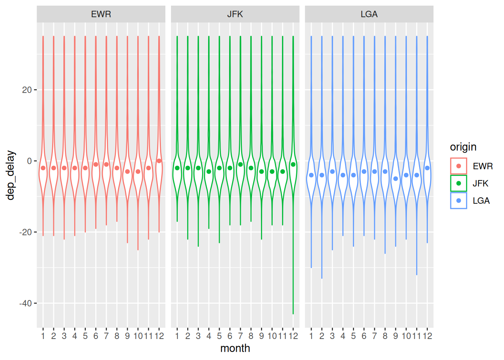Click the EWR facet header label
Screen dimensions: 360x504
click(101, 14)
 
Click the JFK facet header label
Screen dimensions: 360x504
click(235, 14)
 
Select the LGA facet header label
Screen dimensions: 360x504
click(369, 14)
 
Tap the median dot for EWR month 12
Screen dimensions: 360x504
click(159, 161)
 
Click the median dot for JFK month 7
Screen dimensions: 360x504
click(240, 165)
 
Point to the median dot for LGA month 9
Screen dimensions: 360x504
click(396, 179)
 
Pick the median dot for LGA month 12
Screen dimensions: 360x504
click(427, 168)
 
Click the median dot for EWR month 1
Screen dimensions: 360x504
click(43, 168)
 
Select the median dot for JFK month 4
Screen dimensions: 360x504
click(209, 172)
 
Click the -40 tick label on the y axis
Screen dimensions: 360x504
click(25, 303)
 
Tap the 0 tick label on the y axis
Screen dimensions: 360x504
click(30, 161)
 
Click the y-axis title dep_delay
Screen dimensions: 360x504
click(10, 175)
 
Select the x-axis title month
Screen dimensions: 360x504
click(235, 348)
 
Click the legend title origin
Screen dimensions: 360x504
click(463, 147)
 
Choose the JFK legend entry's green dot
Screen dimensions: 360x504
click(459, 183)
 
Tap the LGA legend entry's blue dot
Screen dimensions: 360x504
click(459, 201)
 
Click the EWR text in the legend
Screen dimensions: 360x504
click(483, 166)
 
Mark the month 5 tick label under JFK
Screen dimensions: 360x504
click(219, 336)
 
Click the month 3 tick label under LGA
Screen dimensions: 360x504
click(332, 336)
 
